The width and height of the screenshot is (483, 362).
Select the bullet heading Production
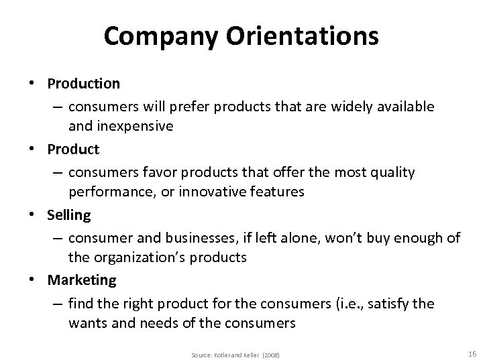tap(84, 84)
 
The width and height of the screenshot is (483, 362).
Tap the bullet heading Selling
tap(68, 216)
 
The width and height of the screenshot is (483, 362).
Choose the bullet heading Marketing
tap(81, 280)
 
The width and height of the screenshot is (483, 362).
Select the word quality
tap(391, 172)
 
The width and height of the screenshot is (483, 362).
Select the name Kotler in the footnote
tap(221, 354)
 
